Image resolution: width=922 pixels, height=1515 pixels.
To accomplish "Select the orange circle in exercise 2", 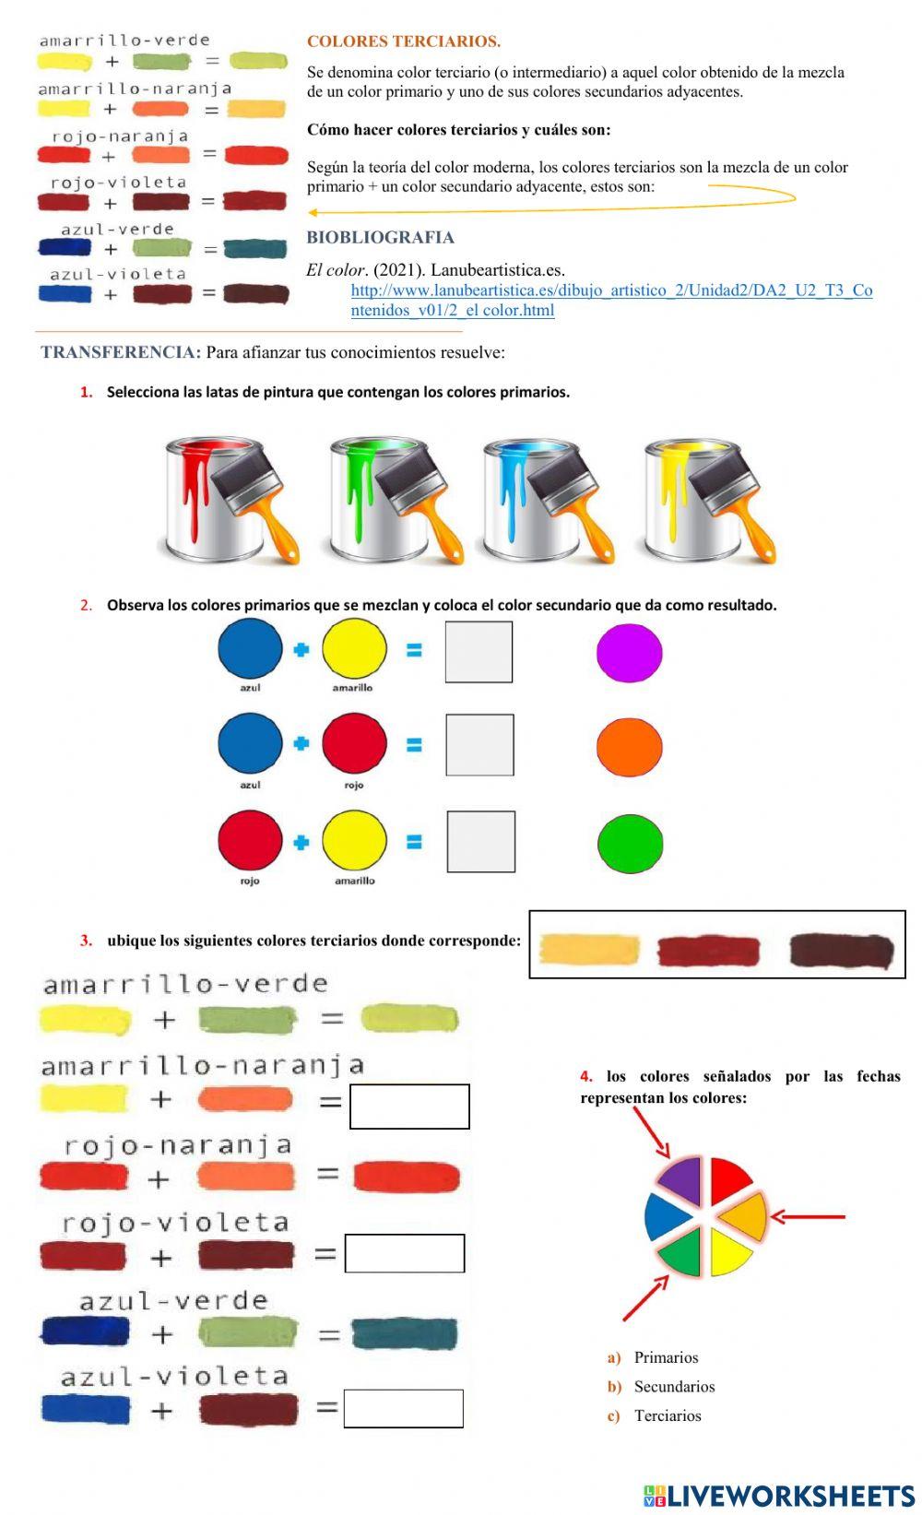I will click(630, 747).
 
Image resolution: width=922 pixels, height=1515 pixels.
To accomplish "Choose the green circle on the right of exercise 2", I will click(630, 843).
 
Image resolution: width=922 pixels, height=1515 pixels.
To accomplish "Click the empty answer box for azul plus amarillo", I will click(479, 652).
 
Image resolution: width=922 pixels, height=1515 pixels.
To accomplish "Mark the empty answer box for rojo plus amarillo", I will click(480, 842).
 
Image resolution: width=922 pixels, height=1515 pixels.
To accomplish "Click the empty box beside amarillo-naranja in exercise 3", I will click(409, 1106).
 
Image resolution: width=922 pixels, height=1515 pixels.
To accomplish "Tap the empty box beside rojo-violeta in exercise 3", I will click(405, 1253).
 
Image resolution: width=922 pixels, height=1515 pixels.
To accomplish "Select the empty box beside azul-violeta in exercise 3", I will click(403, 1408).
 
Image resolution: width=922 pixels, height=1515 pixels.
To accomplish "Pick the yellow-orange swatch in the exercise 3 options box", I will click(590, 949).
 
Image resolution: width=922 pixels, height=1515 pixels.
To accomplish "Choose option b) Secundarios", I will click(674, 1386).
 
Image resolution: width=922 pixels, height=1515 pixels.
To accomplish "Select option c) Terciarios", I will click(668, 1415).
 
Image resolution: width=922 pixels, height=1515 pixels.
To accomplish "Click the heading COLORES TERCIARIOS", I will click(404, 41).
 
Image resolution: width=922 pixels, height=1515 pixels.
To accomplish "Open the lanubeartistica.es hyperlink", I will click(611, 290).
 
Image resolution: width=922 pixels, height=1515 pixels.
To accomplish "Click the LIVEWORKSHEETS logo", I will click(779, 1496).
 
